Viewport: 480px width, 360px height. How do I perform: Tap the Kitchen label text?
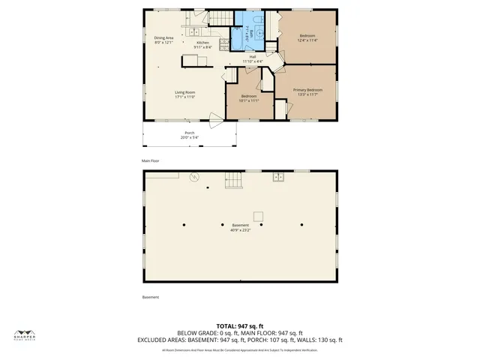click(203, 43)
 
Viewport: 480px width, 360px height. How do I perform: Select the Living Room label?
click(184, 92)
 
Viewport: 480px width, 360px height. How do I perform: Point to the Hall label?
click(253, 56)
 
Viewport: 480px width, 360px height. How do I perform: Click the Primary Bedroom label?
click(307, 90)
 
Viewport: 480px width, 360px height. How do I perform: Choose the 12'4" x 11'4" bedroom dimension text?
click(307, 40)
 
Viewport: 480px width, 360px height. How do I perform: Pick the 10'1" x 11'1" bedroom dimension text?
click(249, 100)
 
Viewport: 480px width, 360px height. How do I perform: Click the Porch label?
click(190, 133)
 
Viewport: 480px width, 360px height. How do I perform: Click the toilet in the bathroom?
click(256, 20)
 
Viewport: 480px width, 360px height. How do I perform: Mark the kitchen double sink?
click(193, 31)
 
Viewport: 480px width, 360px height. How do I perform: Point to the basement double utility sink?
click(277, 176)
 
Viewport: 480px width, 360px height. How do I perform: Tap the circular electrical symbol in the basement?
click(193, 177)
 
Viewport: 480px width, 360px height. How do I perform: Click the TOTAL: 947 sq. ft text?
click(240, 326)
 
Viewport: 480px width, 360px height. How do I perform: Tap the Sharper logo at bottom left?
click(25, 335)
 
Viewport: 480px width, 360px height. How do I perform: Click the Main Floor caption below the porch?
click(151, 160)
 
